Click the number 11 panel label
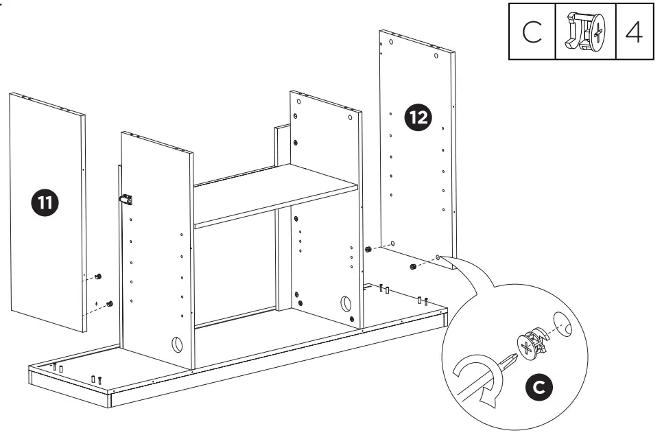tap(46, 202)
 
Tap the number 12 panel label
tap(418, 118)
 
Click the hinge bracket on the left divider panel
tap(126, 199)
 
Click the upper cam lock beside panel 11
tap(98, 276)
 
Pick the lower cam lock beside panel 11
tap(108, 303)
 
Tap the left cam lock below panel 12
tap(368, 248)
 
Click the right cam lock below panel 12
tap(412, 266)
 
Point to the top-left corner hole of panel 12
tap(390, 43)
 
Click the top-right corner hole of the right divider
tap(350, 117)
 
